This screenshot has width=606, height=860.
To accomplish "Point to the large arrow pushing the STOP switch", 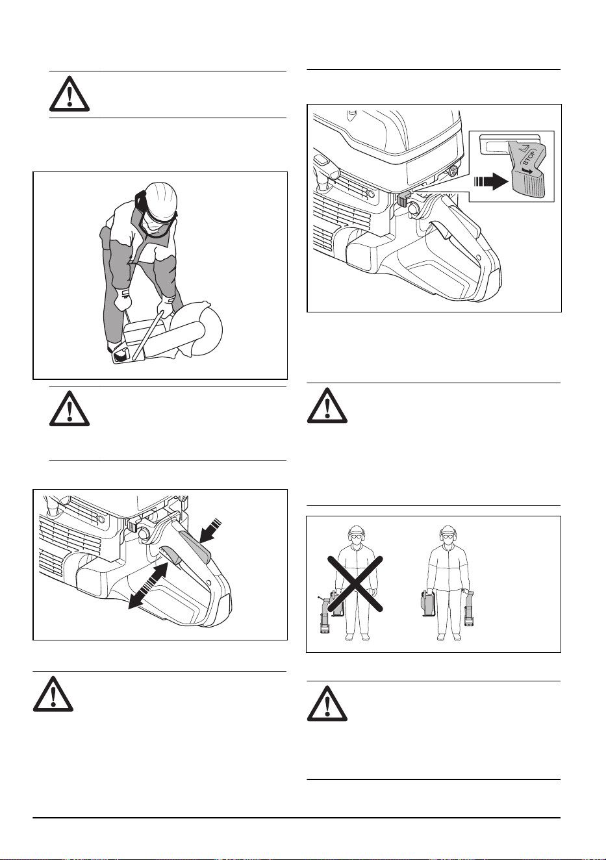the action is point(491,181).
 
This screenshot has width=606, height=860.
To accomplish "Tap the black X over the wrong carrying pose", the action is point(355,583).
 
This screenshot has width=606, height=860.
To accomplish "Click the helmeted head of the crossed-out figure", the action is point(355,536).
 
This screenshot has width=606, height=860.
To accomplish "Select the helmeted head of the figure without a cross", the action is point(447,536).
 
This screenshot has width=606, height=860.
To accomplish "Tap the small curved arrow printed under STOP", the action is point(528,171).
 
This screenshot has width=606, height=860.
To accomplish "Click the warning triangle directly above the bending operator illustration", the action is point(69,94).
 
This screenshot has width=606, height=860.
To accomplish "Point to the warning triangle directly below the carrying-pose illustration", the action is point(327,703).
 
